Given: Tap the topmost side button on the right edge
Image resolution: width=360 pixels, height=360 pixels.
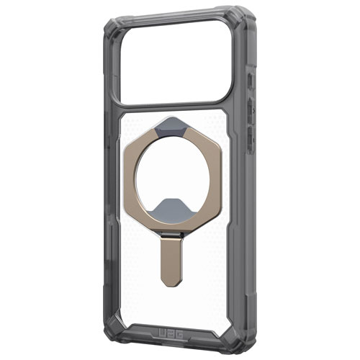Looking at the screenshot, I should [x=249, y=79].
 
